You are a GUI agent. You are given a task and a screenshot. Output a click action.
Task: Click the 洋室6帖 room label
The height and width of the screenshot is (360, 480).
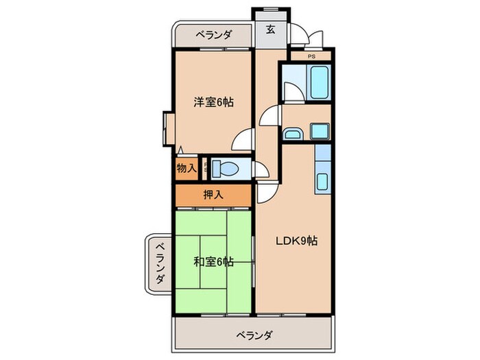click(213, 102)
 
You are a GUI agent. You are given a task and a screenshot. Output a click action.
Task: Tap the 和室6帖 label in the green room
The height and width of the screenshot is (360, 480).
click(213, 261)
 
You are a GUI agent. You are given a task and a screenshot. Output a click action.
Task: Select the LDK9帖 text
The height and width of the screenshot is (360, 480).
click(296, 241)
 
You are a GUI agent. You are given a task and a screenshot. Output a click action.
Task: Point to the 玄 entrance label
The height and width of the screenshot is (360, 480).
click(270, 29)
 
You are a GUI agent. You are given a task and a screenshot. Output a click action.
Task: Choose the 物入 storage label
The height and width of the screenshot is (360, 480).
click(186, 167)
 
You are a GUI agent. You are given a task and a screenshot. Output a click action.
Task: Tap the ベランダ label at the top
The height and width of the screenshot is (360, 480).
click(213, 34)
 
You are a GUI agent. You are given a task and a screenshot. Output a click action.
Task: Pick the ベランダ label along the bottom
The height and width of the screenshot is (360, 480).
click(254, 335)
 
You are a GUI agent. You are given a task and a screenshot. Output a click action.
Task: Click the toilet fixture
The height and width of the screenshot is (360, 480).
click(224, 167)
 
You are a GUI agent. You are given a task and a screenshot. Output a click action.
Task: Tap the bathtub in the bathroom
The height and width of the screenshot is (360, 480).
click(319, 83)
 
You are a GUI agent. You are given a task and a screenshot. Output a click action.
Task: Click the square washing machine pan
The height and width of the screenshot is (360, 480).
click(319, 130)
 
